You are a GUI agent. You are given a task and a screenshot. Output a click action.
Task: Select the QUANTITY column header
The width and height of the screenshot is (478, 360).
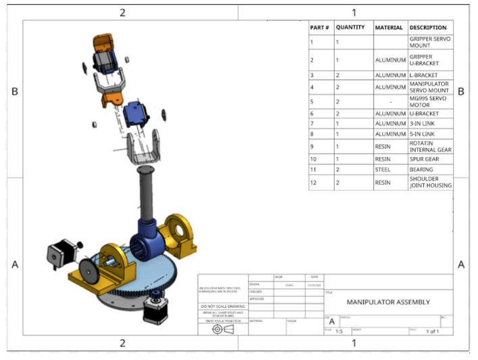tap(350, 28)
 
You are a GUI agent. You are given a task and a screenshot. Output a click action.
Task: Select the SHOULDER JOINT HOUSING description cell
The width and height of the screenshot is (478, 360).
tap(430, 182)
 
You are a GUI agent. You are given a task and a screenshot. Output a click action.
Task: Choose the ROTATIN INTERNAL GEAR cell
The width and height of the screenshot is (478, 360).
tap(430, 147)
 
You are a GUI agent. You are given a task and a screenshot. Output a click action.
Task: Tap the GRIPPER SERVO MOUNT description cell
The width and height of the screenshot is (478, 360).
tap(429, 42)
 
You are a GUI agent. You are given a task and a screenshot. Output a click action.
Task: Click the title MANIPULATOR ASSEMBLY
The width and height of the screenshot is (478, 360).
tap(388, 302)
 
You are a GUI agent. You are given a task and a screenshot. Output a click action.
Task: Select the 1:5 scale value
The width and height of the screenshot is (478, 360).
tap(339, 331)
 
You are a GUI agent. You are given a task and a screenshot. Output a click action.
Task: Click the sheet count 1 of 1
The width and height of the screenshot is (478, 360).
tap(433, 331)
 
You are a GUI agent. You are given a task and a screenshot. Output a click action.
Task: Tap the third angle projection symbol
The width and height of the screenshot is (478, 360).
tap(222, 329)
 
